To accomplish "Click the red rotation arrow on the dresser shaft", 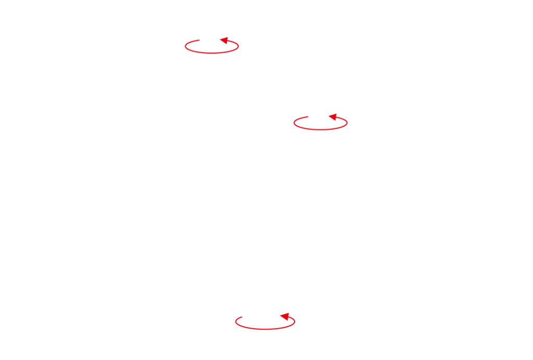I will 321,122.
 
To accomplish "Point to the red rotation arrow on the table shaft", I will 265,322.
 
